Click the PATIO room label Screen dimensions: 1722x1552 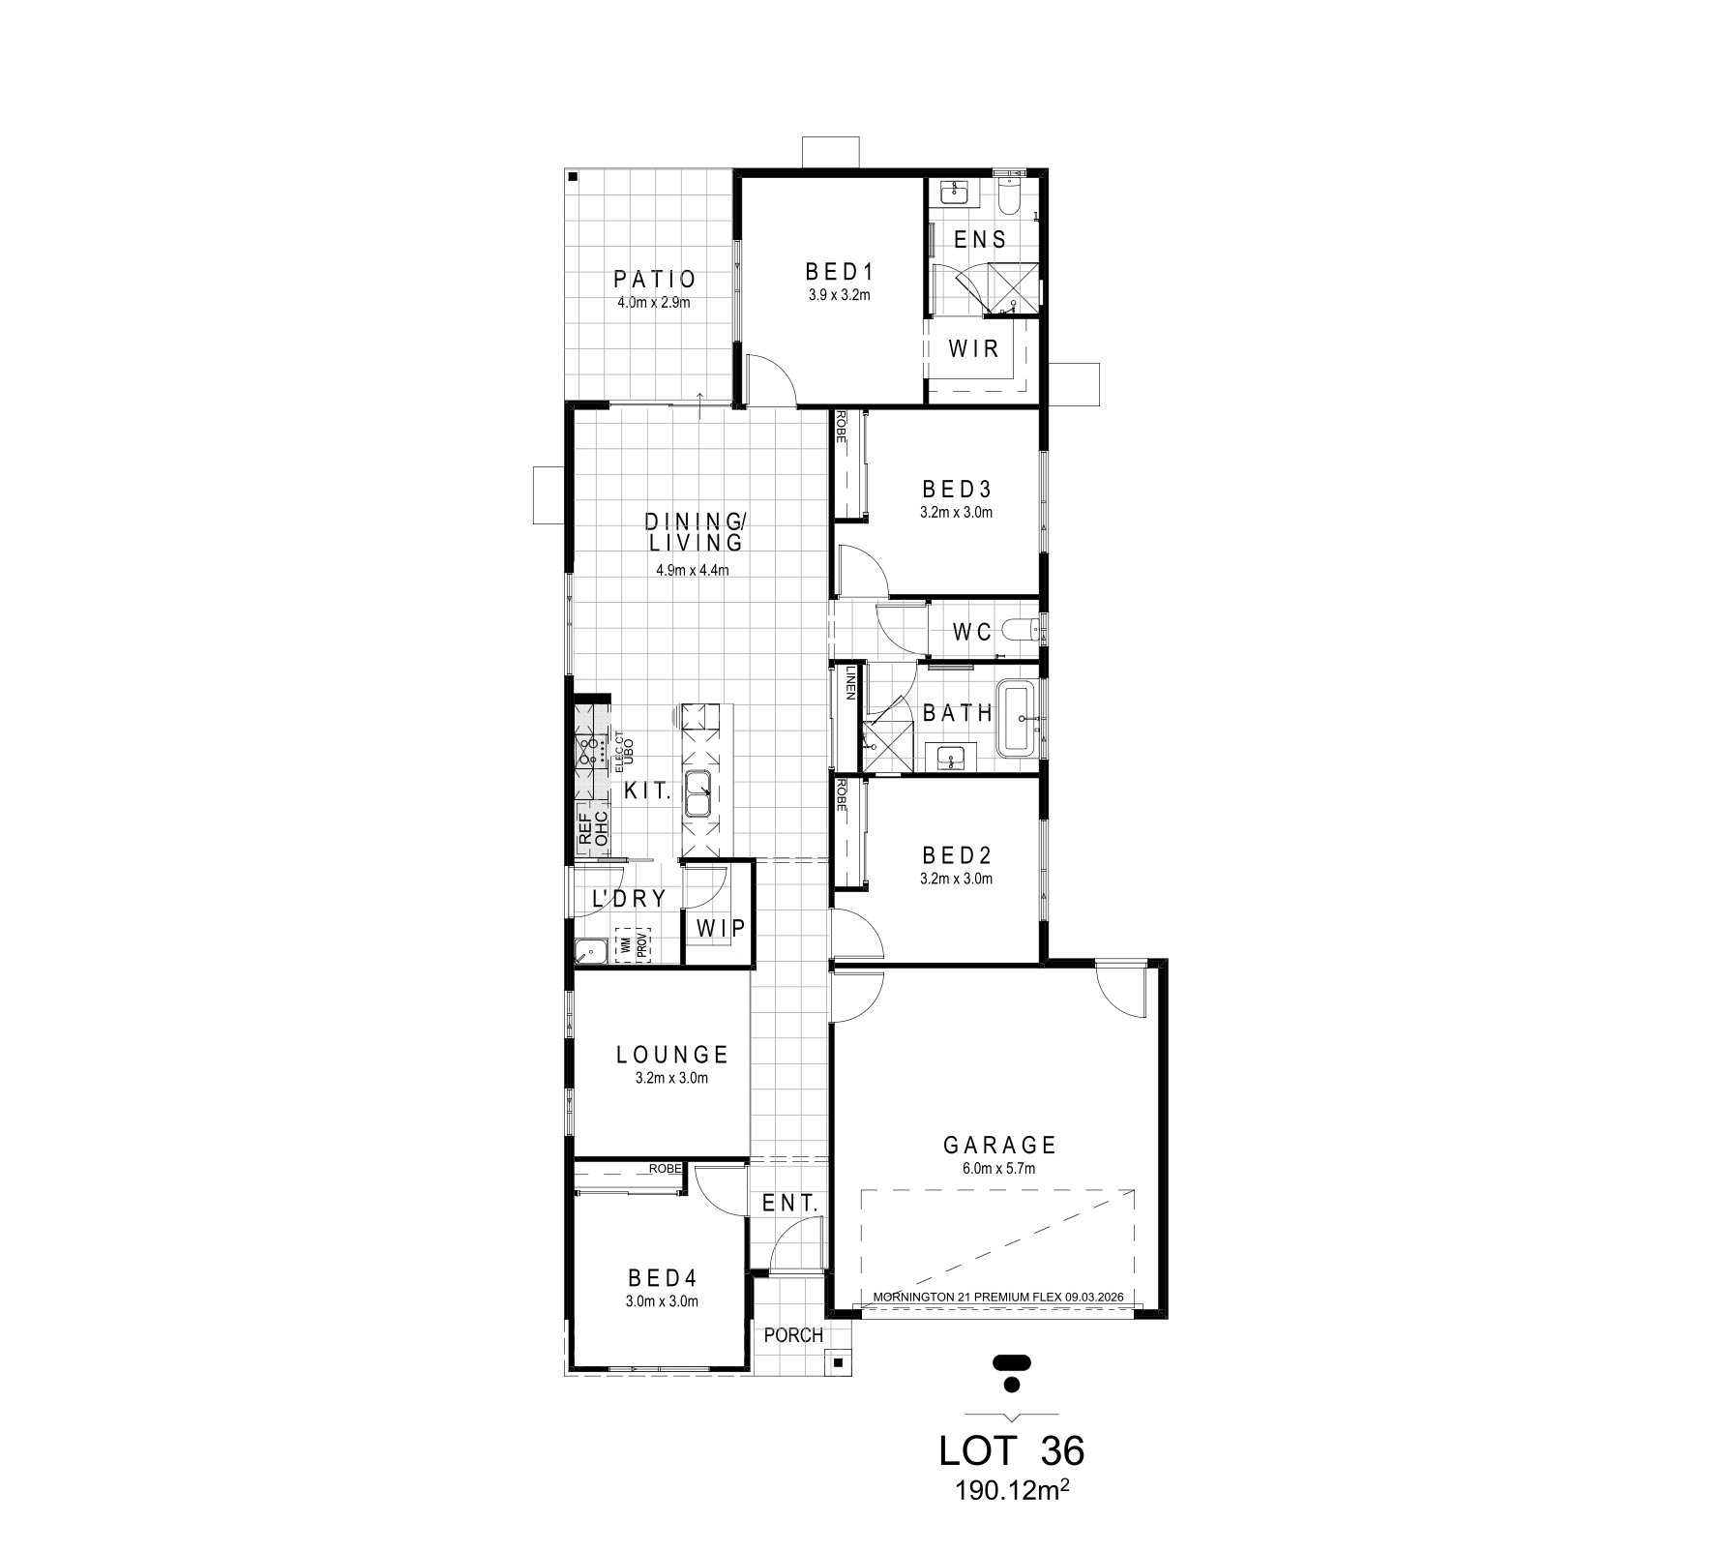click(x=655, y=280)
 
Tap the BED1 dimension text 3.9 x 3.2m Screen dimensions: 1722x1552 click(x=840, y=295)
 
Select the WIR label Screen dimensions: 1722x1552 click(x=974, y=348)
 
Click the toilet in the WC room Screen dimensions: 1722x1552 click(x=1022, y=632)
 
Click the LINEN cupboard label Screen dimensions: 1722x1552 click(x=851, y=682)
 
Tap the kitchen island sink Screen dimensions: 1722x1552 click(x=698, y=794)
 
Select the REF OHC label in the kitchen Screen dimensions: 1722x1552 click(x=592, y=829)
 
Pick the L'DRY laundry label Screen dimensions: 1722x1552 click(x=629, y=899)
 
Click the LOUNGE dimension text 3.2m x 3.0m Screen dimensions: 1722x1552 click(x=671, y=1078)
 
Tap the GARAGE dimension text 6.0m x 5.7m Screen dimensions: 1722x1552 click(x=999, y=1169)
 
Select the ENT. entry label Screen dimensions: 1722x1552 click(x=790, y=1204)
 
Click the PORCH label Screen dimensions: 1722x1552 click(x=793, y=1336)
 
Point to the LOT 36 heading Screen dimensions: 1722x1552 click(x=1012, y=1451)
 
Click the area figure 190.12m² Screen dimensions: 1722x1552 click(x=1012, y=1491)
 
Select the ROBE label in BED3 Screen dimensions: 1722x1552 click(x=842, y=427)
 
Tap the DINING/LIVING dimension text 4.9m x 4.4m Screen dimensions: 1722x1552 click(x=692, y=570)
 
